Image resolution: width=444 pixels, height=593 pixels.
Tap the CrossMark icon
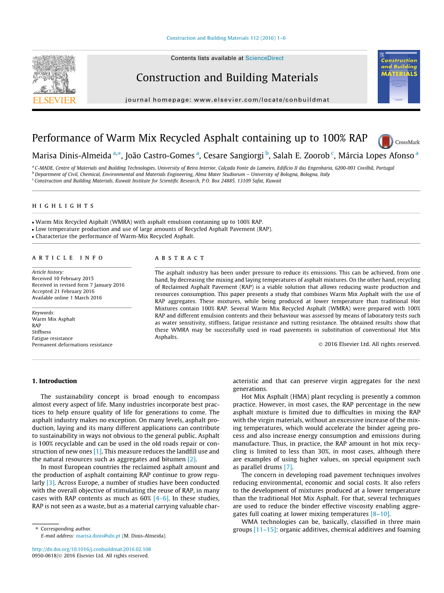(x=385, y=141)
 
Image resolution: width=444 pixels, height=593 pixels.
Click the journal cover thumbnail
(x=398, y=76)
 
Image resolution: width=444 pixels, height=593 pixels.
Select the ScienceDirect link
(x=264, y=58)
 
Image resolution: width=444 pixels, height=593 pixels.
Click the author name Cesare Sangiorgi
(x=234, y=156)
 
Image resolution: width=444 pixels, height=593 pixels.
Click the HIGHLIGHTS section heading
(x=63, y=206)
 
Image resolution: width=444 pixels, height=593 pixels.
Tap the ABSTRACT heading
(x=180, y=258)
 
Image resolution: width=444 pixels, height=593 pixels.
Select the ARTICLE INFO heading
(x=68, y=258)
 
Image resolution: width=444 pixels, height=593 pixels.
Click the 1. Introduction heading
(x=54, y=381)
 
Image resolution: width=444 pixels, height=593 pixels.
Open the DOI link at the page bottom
(x=91, y=549)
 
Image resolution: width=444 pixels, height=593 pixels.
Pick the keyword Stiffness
(x=41, y=332)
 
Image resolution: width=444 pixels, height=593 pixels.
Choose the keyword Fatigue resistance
(x=52, y=338)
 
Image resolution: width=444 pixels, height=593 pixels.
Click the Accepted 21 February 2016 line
(x=63, y=291)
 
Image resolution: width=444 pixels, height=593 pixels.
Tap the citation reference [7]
(x=288, y=467)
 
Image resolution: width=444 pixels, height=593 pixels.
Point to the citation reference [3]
(x=50, y=482)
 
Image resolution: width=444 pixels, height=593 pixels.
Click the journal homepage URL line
(x=227, y=100)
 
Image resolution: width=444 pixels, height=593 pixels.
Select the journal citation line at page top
(x=226, y=38)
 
